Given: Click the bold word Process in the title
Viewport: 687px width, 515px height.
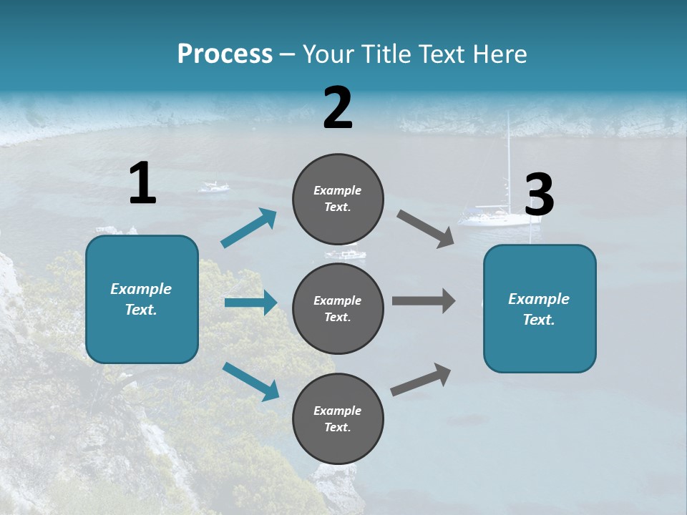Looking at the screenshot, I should click(x=225, y=54).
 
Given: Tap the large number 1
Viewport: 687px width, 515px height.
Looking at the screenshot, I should click(x=142, y=183).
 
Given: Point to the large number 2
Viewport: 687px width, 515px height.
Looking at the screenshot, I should click(x=338, y=108).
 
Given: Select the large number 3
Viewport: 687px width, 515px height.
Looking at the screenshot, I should click(x=540, y=195).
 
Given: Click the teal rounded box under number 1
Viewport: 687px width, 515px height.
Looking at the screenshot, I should click(x=142, y=299).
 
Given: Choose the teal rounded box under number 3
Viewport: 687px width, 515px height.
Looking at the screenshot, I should click(x=540, y=308).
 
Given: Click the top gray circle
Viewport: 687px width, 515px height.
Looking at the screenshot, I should click(x=338, y=199).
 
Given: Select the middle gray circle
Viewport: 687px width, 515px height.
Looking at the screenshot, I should click(x=338, y=308).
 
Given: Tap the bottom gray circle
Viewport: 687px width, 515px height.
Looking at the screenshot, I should click(x=338, y=418).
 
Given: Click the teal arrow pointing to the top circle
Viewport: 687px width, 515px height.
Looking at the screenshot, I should click(x=248, y=228).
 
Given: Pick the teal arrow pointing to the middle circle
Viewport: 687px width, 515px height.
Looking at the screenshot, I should click(x=250, y=303).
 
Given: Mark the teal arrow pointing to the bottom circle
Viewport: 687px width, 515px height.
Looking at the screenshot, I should click(x=250, y=381).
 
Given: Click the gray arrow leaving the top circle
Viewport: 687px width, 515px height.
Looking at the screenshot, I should click(x=426, y=229).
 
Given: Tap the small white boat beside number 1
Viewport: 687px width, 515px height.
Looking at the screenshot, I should click(x=213, y=187).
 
